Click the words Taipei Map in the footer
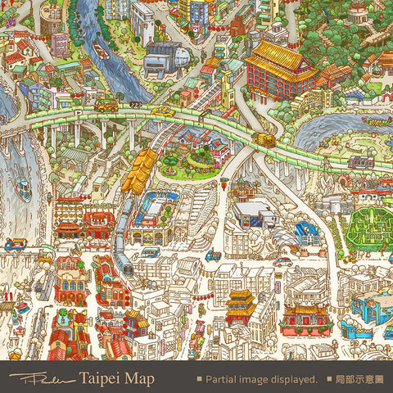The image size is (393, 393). [116, 379]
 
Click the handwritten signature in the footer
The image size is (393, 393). [41, 379]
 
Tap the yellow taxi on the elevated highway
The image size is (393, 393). [163, 111]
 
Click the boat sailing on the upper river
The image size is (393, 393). [100, 51]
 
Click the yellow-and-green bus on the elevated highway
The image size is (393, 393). [106, 106]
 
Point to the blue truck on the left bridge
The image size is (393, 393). [14, 244]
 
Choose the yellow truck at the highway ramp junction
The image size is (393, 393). [264, 140]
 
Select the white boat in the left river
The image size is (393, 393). [24, 191]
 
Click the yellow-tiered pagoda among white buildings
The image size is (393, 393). [241, 305]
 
